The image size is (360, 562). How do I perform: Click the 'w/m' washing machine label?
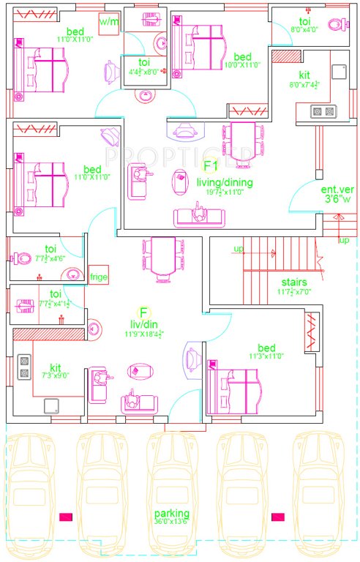pyautogui.click(x=108, y=23)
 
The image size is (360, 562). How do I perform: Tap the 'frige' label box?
pyautogui.click(x=98, y=277)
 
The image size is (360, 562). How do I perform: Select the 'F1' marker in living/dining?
pyautogui.click(x=211, y=165)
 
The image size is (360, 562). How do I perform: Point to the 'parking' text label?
pyautogui.click(x=172, y=513)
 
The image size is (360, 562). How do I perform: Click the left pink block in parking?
pyautogui.click(x=66, y=517)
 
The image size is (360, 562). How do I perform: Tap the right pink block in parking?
pyautogui.click(x=278, y=517)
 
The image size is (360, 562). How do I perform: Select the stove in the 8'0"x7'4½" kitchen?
pyautogui.click(x=323, y=111)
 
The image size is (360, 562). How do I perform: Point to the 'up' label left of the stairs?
pyautogui.click(x=239, y=250)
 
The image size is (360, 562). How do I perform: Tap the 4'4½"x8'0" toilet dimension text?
pyautogui.click(x=144, y=72)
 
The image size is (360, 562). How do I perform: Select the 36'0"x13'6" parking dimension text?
pyautogui.click(x=172, y=522)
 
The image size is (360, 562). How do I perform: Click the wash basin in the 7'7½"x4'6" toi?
pyautogui.click(x=70, y=274)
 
